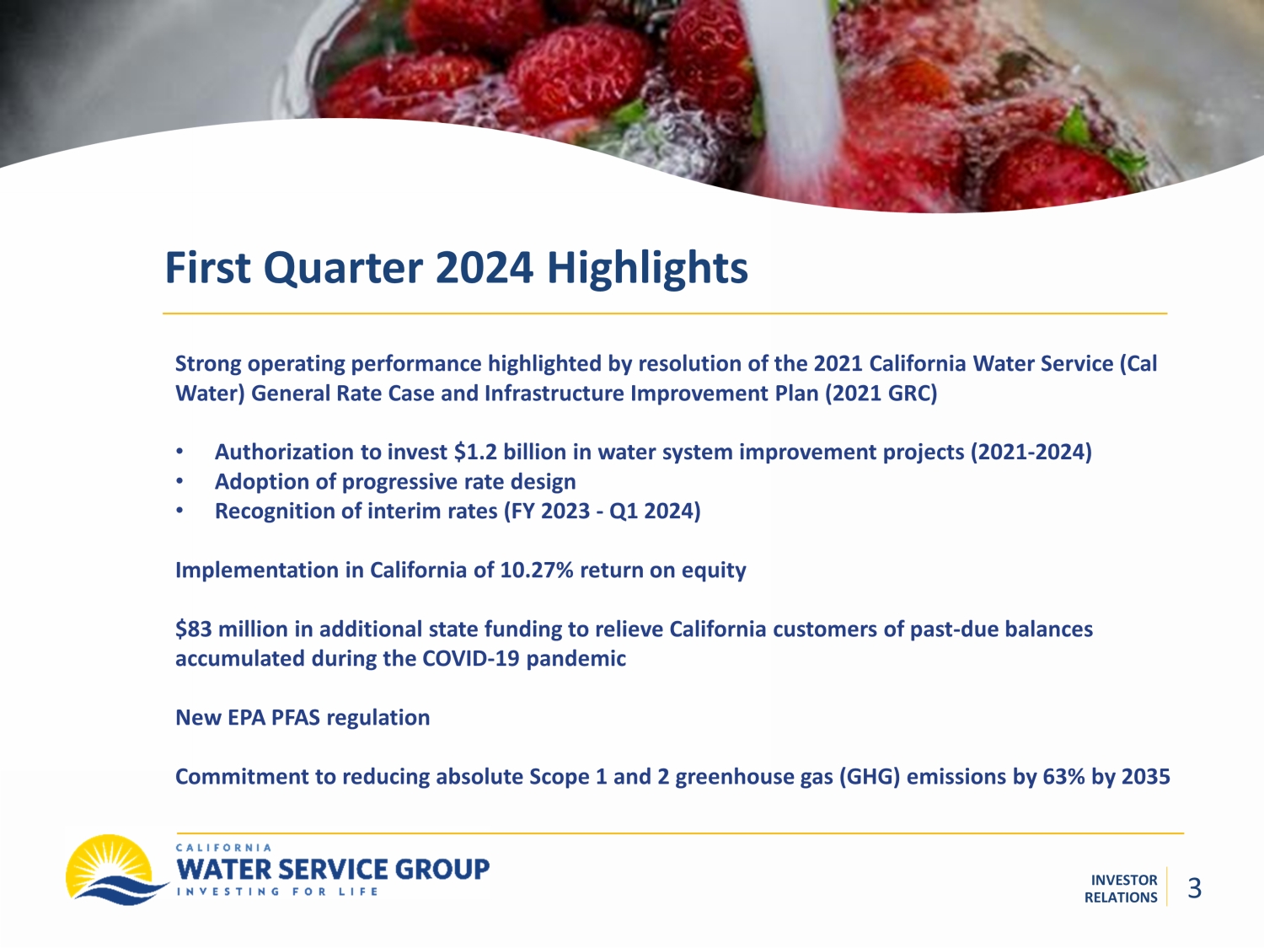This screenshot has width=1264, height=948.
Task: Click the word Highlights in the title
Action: (x=647, y=268)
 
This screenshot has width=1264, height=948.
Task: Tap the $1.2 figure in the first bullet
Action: (x=475, y=453)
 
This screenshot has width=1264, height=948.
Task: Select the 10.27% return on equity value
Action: (x=537, y=570)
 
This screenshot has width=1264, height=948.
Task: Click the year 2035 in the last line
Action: (x=1146, y=777)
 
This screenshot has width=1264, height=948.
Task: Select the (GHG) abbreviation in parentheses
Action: (x=870, y=777)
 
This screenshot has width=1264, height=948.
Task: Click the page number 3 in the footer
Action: (x=1194, y=888)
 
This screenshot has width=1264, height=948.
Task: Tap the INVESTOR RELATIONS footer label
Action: (x=1121, y=889)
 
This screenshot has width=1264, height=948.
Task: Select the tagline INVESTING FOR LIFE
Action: (x=277, y=892)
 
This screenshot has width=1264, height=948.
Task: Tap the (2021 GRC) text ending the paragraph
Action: (x=881, y=394)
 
